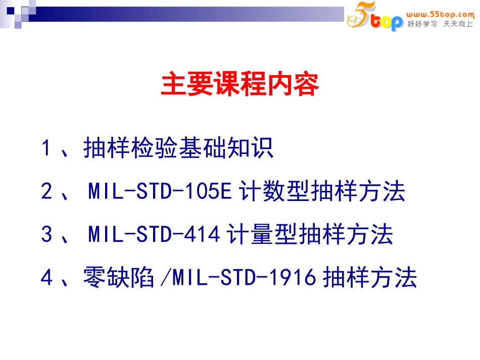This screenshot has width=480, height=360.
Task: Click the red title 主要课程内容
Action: coord(240,84)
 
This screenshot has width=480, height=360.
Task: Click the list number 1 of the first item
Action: coord(46,148)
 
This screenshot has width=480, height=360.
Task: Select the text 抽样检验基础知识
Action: coord(178,148)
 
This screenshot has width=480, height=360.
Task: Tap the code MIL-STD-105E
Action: coord(160,192)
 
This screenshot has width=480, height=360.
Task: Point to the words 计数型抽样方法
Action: coord(322,192)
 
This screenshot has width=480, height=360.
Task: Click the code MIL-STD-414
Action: coord(154,235)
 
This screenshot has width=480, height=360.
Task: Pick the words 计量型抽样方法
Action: coord(310,235)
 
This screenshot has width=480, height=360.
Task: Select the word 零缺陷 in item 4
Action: coord(119,278)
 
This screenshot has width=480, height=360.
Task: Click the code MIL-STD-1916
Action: coord(244,278)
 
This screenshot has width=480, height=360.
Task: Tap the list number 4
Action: coord(46,278)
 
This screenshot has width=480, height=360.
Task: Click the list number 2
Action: coord(46,192)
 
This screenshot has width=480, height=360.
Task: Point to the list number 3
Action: coord(46,235)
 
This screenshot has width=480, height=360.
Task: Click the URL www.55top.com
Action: coord(440,15)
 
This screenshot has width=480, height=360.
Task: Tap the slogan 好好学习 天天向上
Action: coord(440,24)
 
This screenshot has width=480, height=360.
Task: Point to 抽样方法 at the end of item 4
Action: coord(370,278)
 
